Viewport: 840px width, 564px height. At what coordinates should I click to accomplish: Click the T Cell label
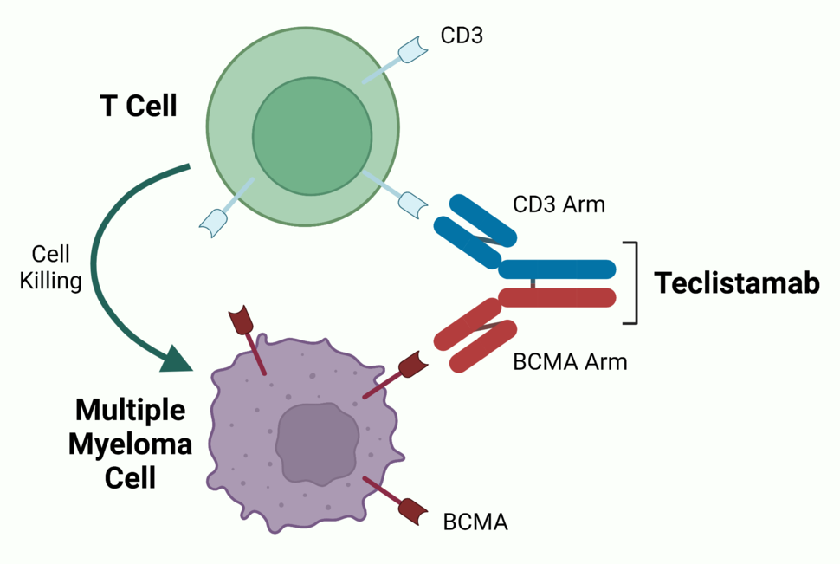(139, 107)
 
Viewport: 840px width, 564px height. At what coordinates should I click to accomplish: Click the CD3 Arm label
(559, 205)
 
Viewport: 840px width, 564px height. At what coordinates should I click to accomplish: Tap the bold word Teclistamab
(736, 283)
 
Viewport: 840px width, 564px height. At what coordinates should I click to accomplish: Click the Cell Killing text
(51, 268)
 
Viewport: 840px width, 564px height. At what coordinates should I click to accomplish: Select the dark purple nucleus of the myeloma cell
(317, 443)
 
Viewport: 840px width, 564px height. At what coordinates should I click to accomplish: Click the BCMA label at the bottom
(475, 522)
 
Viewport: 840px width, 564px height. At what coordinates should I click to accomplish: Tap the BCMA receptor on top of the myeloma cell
(240, 321)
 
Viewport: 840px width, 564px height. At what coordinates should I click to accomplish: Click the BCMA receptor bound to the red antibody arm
(413, 365)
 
